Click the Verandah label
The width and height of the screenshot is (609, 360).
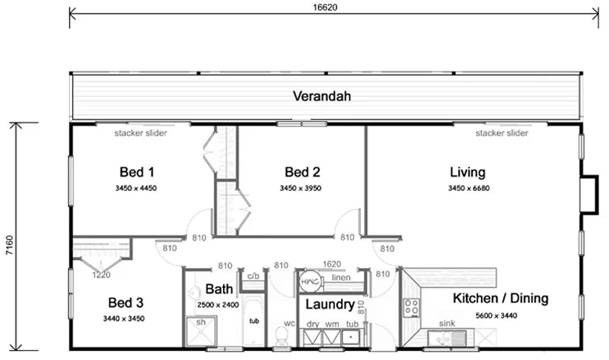pyautogui.click(x=324, y=97)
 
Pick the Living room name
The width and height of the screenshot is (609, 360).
pyautogui.click(x=467, y=172)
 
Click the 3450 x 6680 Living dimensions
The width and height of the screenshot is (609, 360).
pyautogui.click(x=467, y=187)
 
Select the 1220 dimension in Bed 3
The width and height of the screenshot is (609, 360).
pyautogui.click(x=102, y=275)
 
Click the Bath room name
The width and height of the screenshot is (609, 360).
pyautogui.click(x=220, y=289)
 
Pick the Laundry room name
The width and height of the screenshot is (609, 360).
pyautogui.click(x=329, y=305)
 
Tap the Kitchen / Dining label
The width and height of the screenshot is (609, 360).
pyautogui.click(x=500, y=298)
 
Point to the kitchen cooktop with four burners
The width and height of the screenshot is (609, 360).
pyautogui.click(x=412, y=307)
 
